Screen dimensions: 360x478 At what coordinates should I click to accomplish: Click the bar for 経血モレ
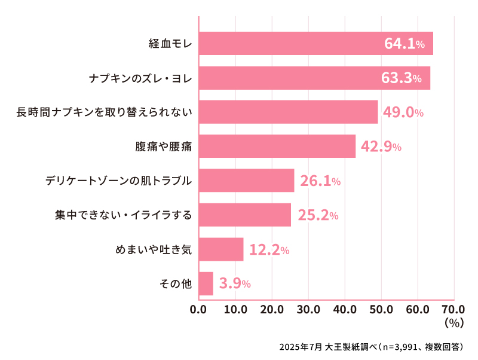[x=315, y=44]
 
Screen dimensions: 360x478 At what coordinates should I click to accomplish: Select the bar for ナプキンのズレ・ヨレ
[x=314, y=78]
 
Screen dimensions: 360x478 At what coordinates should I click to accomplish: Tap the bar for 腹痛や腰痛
[x=277, y=147]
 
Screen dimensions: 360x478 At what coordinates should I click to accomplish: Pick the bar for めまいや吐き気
[x=221, y=249]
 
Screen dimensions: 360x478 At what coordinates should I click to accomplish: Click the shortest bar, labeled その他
[x=206, y=283]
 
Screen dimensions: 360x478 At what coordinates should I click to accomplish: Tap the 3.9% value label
[x=234, y=283]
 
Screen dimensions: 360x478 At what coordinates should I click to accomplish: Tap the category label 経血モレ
[x=170, y=44]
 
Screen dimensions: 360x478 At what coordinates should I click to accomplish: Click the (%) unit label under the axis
[x=454, y=323]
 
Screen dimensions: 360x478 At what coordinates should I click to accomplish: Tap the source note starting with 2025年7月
[x=371, y=347]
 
